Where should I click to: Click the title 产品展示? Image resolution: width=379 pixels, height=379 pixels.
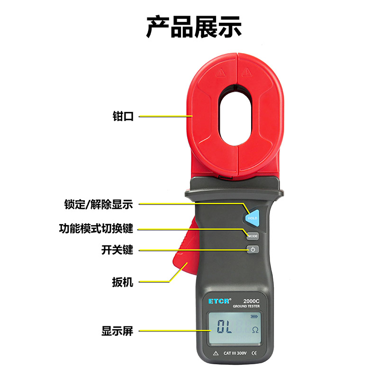click(x=194, y=27)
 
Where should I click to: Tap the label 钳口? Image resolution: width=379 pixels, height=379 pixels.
click(x=123, y=116)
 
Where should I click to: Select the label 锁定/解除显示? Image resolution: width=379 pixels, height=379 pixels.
click(x=99, y=204)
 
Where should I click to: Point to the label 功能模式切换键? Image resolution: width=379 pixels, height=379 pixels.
click(x=96, y=229)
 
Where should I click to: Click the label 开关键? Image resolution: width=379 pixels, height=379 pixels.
click(x=117, y=250)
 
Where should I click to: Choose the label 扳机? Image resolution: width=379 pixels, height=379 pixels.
click(x=123, y=282)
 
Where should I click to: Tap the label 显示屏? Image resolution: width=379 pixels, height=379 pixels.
click(x=117, y=331)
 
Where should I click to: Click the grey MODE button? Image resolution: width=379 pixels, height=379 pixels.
click(x=253, y=236)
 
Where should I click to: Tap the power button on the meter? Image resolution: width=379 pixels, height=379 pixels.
click(x=253, y=249)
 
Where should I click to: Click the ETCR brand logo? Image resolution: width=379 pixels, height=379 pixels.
click(x=219, y=301)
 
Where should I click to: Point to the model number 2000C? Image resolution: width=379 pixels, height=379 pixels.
click(x=252, y=301)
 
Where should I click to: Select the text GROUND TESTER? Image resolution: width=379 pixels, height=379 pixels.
click(x=246, y=306)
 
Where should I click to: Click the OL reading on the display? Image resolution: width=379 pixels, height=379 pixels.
click(x=225, y=326)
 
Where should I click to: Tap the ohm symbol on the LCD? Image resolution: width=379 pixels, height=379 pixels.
click(x=255, y=330)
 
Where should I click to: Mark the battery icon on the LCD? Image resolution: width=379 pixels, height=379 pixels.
click(x=254, y=316)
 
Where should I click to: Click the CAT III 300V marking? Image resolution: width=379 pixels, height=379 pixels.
click(x=235, y=353)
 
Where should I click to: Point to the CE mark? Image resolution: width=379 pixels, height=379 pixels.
click(x=254, y=353)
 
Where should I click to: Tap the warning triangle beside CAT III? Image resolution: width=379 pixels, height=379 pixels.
click(x=216, y=353)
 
